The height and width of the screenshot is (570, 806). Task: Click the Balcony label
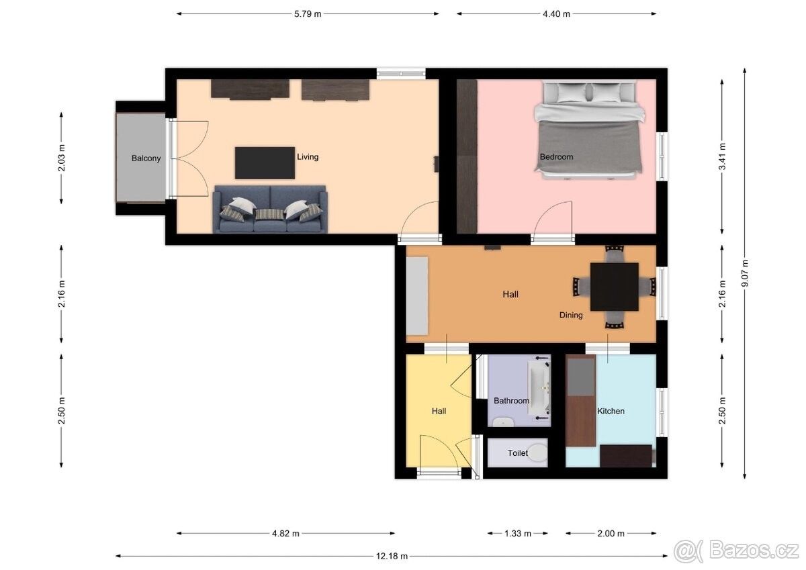tap(146, 158)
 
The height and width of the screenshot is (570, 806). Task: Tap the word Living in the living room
tap(308, 157)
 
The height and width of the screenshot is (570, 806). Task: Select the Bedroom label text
tap(556, 157)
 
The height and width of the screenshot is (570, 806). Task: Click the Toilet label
tap(518, 453)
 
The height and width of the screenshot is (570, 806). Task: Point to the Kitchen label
tap(611, 411)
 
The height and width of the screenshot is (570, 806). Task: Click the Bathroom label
tap(511, 401)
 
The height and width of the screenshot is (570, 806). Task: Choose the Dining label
tap(571, 315)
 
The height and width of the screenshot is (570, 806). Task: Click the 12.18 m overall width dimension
tap(392, 557)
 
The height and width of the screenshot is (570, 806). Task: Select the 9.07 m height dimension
tap(745, 273)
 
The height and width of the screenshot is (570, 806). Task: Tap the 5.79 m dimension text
tap(308, 14)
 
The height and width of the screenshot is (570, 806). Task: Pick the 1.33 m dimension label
tap(518, 533)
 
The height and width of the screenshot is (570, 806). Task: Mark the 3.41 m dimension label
tap(722, 156)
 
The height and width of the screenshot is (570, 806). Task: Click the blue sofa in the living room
tap(270, 209)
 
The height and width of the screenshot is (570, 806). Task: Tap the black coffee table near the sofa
tap(265, 163)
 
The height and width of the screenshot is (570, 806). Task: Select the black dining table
tap(615, 287)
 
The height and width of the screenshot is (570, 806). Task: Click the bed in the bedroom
tap(588, 130)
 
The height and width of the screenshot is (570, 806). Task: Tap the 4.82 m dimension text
tap(285, 533)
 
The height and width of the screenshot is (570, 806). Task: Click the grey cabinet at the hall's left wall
tap(417, 295)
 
